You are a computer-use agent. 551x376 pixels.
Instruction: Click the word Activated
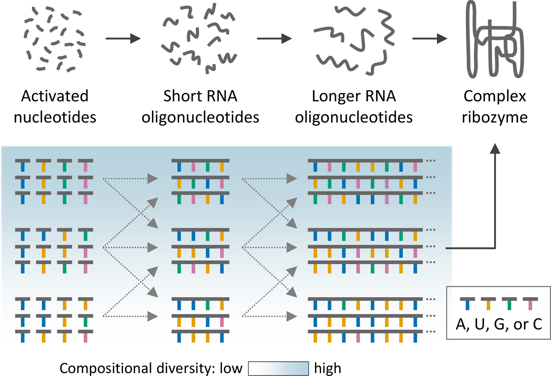tap(55, 96)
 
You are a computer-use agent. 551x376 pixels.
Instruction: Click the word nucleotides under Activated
tap(55, 117)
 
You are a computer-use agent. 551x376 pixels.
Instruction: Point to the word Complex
tap(495, 96)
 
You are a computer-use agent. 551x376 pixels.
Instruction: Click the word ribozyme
tap(495, 117)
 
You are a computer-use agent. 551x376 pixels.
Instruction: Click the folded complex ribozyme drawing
tap(495, 40)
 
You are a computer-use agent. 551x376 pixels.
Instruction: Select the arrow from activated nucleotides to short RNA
tap(123, 38)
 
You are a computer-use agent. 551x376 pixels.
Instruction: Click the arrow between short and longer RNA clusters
tap(274, 38)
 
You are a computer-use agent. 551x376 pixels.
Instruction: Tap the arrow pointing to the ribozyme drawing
tap(430, 38)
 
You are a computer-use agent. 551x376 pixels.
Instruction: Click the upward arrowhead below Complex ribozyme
tap(495, 149)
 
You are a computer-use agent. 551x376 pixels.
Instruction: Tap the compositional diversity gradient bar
tap(278, 368)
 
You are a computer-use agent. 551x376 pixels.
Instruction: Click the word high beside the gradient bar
tap(328, 368)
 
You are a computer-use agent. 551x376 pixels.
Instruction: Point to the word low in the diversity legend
tap(231, 368)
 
